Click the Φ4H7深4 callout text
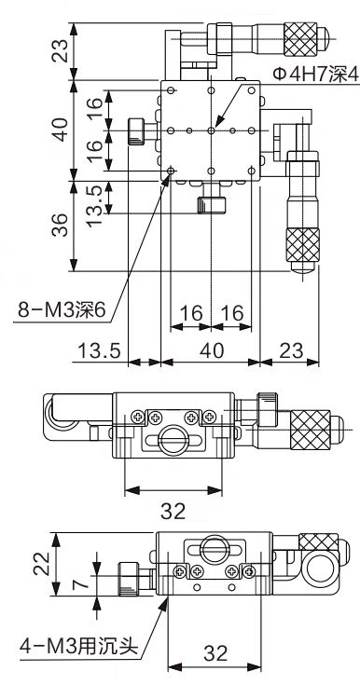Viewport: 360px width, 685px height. click(x=315, y=75)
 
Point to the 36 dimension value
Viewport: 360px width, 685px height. click(x=61, y=225)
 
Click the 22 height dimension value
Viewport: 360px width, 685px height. click(x=43, y=565)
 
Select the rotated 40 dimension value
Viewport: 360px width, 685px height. click(x=61, y=130)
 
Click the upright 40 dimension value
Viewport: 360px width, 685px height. click(x=212, y=350)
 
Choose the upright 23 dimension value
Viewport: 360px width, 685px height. click(x=290, y=350)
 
